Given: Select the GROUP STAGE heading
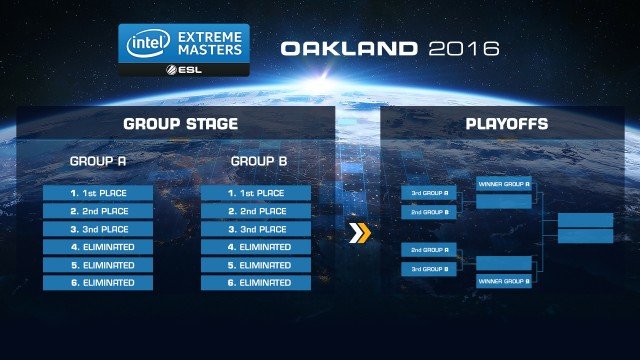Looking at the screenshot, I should (180, 125).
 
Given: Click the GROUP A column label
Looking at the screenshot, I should (97, 161).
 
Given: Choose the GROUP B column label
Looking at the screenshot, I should (258, 161).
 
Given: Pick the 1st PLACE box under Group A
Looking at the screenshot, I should (98, 192).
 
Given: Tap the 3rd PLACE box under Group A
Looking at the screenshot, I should (98, 229).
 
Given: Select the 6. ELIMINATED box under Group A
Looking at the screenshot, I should (98, 283).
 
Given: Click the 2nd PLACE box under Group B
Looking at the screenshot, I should (258, 211).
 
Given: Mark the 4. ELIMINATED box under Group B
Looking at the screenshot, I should (258, 247).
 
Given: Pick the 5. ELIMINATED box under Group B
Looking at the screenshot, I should (258, 265).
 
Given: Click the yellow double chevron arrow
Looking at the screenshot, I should (358, 233).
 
